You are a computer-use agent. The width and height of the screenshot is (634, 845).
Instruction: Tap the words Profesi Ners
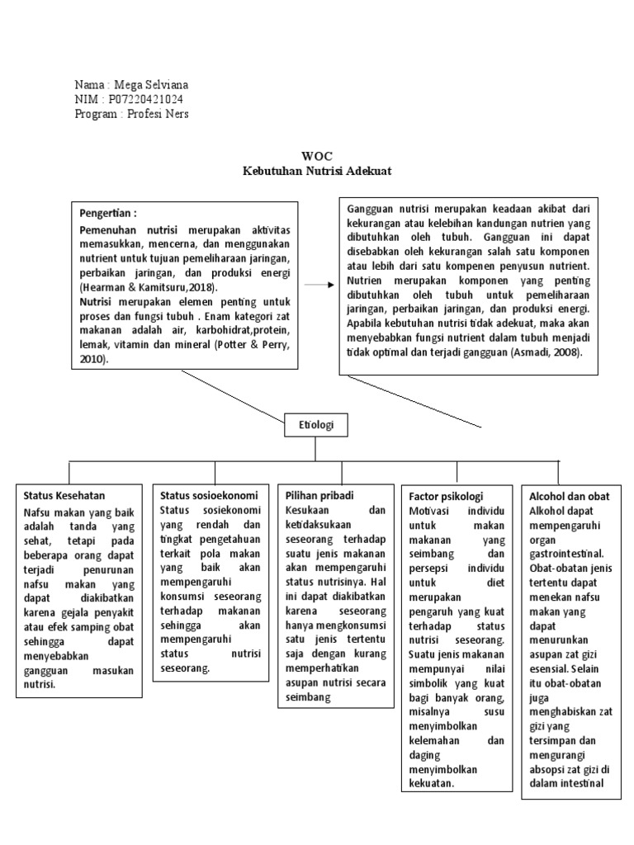coord(157,113)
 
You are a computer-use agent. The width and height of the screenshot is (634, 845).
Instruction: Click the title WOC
coord(316,156)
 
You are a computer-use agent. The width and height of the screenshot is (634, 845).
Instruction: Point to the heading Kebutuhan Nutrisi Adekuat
coord(316,171)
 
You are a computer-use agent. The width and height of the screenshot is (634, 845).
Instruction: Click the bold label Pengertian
coord(107,213)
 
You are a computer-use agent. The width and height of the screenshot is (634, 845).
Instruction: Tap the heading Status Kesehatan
coord(64,495)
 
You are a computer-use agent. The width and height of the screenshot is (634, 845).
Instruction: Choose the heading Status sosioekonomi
coord(208,495)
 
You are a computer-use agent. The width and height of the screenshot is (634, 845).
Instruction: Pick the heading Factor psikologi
coord(447,496)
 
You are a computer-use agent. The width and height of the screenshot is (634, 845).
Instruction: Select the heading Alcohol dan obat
coord(569,495)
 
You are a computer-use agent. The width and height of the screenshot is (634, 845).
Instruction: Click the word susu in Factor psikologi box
coord(491,711)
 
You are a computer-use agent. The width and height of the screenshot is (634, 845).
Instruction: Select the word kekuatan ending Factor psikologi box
coord(432,784)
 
